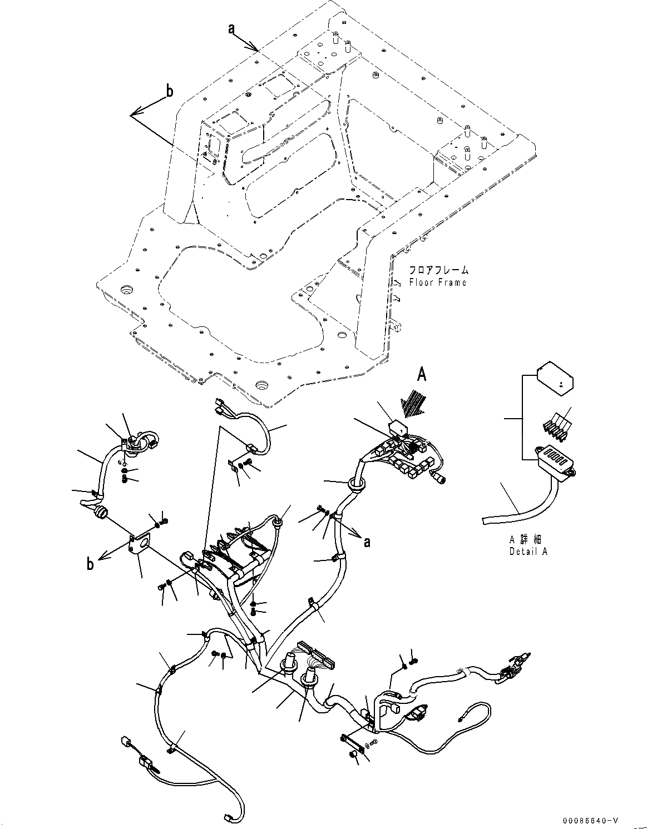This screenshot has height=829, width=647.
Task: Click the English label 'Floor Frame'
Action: pos(437,282)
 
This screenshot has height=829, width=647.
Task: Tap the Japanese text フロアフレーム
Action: pos(438,270)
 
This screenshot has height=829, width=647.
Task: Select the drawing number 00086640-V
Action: pos(590,821)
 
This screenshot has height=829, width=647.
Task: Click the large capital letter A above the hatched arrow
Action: pos(422,376)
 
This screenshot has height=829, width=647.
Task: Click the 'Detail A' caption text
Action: pos(528,552)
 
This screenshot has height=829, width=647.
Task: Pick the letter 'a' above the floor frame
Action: pos(231,29)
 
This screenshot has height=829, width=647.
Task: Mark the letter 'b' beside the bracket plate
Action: pos(90,565)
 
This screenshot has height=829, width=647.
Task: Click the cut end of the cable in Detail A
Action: pos(484,521)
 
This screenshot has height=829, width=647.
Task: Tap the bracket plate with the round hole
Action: pos(140,544)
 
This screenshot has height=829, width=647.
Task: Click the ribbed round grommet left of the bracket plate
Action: pos(101,512)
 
